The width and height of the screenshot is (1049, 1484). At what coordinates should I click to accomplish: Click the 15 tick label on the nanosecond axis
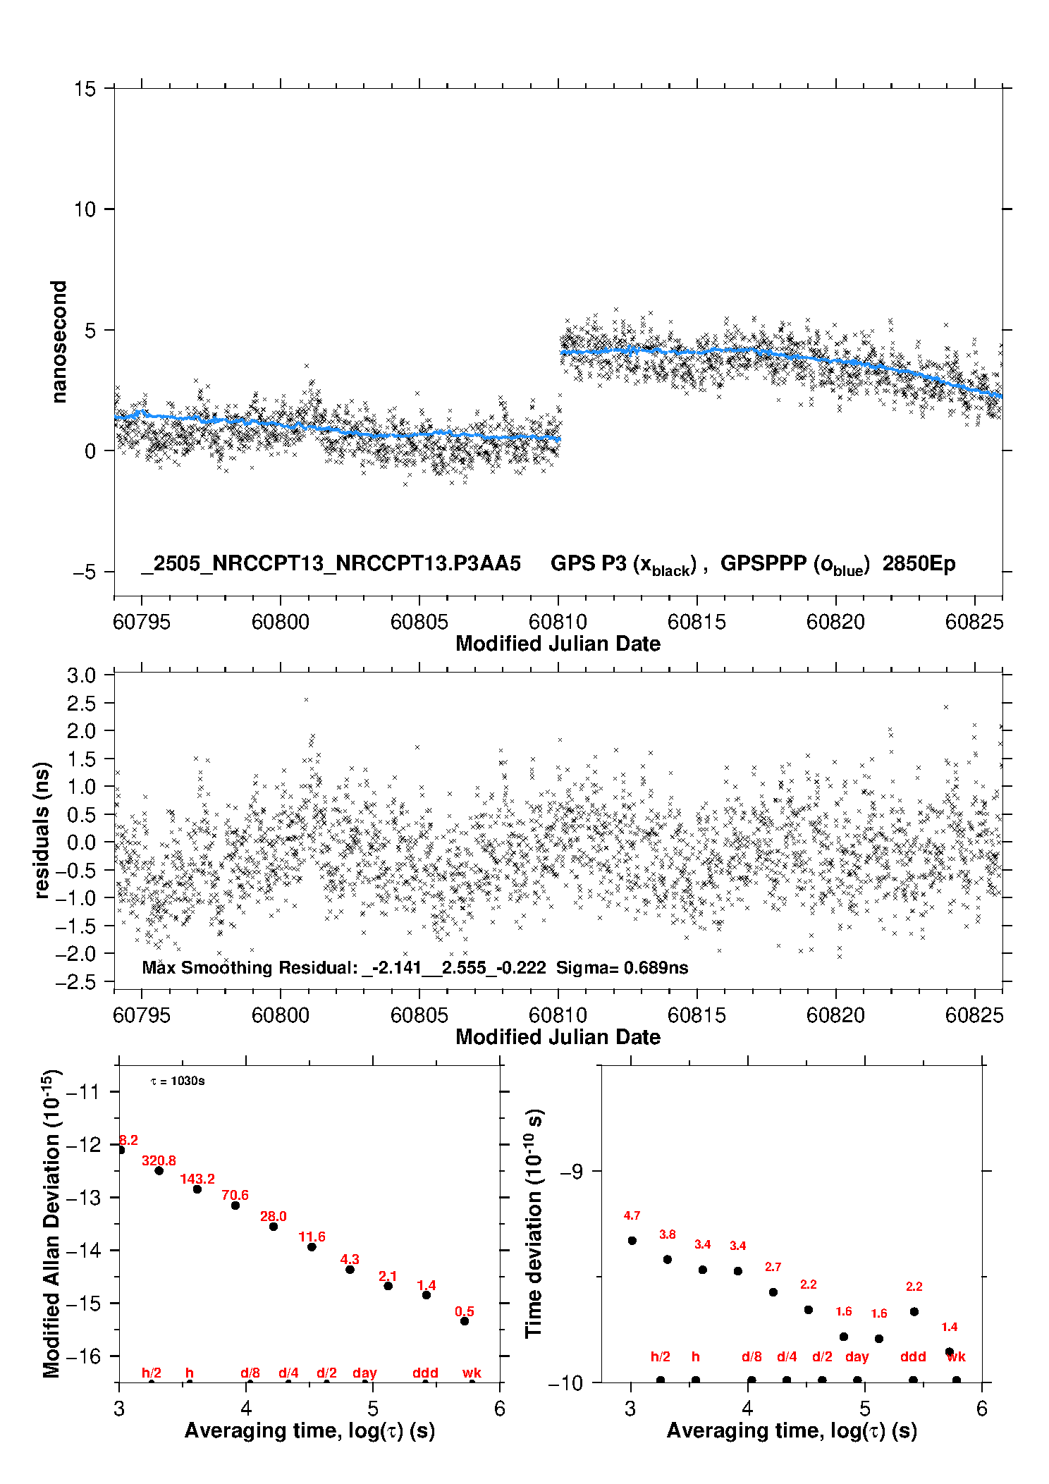(85, 89)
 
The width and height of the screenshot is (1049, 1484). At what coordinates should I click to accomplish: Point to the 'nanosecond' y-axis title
(59, 342)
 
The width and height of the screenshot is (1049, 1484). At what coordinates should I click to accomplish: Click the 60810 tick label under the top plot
(558, 622)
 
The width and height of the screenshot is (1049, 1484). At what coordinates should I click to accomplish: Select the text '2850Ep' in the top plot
(919, 564)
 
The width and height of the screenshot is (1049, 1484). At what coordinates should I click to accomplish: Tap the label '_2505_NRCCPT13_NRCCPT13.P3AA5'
(331, 564)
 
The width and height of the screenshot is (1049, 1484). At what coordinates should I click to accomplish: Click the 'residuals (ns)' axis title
(42, 830)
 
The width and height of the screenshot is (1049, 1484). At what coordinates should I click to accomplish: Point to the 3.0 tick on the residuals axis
(81, 675)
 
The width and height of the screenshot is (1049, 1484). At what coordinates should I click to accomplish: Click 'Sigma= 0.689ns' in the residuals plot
(622, 968)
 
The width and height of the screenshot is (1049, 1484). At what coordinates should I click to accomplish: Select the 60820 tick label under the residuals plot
(835, 1015)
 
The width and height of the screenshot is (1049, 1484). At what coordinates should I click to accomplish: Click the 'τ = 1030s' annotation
(178, 1081)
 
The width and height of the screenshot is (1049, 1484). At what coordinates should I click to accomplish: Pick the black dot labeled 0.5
(465, 1321)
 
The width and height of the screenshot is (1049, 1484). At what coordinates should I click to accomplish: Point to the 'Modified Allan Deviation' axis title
(51, 1223)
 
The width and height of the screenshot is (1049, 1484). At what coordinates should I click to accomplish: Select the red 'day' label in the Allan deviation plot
(364, 1373)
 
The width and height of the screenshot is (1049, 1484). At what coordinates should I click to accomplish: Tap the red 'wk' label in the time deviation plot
(956, 1357)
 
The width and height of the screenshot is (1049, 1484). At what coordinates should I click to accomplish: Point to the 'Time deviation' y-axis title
(534, 1225)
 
